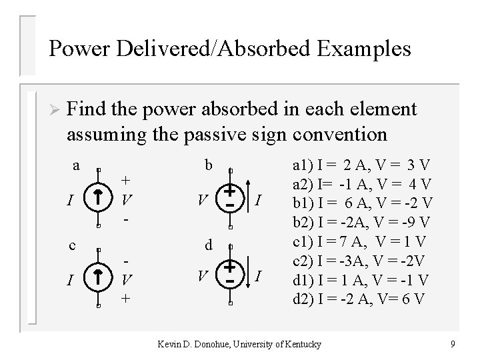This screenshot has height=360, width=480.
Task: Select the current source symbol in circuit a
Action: [98, 199]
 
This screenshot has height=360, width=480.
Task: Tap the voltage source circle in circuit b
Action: [229, 199]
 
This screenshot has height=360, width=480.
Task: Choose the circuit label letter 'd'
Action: [208, 246]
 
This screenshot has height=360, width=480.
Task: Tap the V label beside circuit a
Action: [127, 199]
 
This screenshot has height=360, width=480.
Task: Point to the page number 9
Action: [453, 345]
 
